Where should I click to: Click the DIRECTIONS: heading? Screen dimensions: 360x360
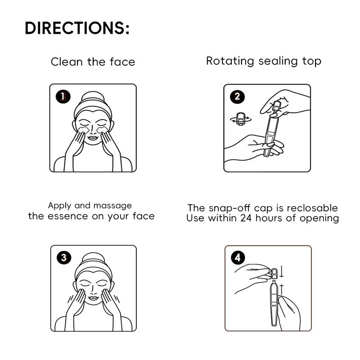pos(77,28)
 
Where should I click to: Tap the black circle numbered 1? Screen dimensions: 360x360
pos(63,96)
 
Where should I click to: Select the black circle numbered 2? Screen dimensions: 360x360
pos(237,96)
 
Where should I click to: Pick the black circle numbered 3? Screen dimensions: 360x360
pos(63,257)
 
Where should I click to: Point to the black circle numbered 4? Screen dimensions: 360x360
pos(238,257)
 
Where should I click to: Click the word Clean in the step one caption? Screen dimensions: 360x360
pos(67,62)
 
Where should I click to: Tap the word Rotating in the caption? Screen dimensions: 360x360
pos(230,61)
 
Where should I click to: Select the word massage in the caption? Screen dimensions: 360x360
pos(112,206)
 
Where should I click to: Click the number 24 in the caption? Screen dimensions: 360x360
pos(246,218)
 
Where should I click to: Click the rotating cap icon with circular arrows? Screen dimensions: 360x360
pos(241,119)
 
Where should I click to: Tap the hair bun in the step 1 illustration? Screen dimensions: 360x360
pos(93,96)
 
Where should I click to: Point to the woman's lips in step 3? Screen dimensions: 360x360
pos(93,298)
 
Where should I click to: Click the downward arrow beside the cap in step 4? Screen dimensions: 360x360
pos(282,271)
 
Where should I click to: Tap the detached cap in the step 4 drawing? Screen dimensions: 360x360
pos(274,273)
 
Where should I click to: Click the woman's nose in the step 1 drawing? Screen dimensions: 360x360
pos(93,131)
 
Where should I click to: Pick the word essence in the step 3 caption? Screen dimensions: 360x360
pos(68,216)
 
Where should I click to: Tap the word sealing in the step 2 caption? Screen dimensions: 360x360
pos(278,62)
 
